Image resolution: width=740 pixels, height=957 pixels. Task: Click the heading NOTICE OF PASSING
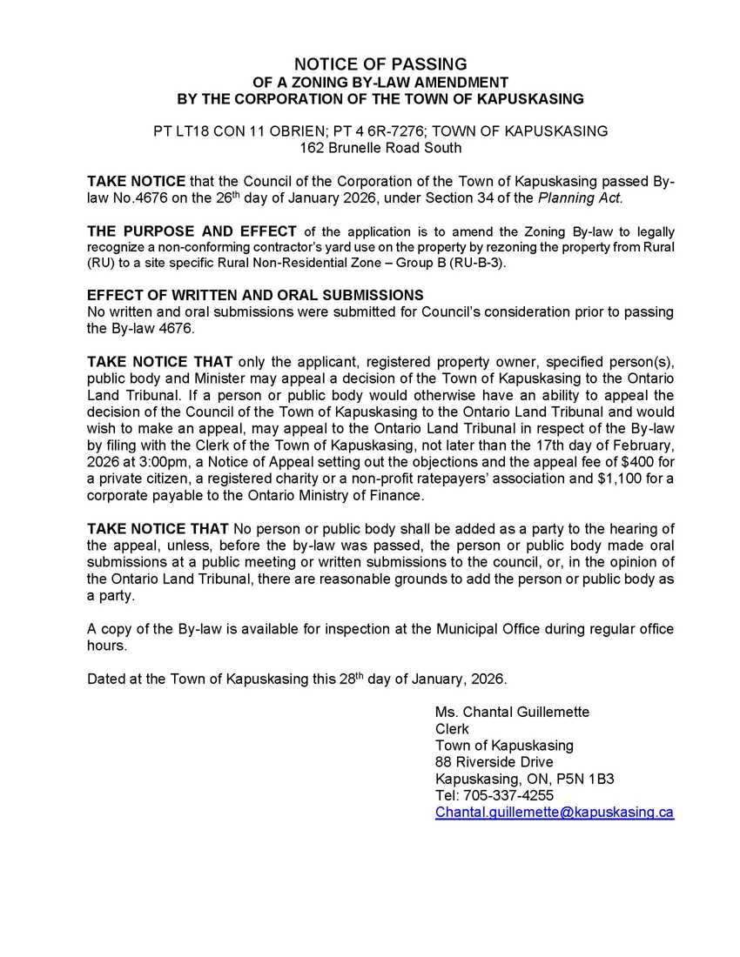(x=380, y=64)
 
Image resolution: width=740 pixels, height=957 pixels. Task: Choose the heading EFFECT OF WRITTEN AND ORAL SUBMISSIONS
(x=255, y=296)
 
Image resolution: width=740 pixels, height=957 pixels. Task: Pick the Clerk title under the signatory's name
(x=452, y=728)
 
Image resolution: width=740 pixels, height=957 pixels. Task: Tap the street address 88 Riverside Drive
(x=494, y=762)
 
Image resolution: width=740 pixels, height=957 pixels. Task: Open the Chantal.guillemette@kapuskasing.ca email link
(x=554, y=812)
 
